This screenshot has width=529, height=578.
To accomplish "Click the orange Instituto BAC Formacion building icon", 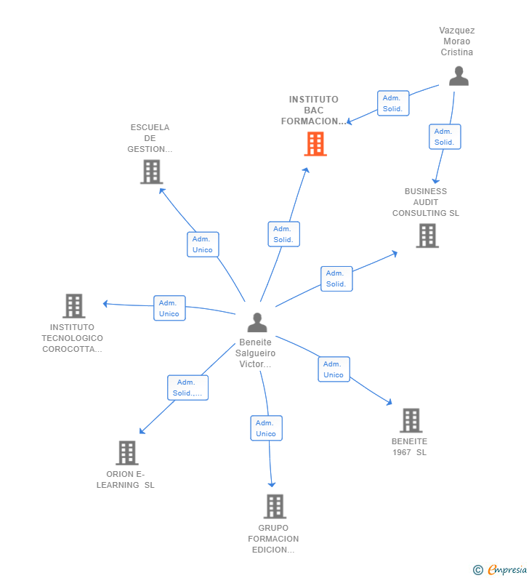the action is coord(315,144).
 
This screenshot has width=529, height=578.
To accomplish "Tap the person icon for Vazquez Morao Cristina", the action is coord(459,76).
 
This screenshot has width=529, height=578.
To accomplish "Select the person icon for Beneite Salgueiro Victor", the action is coord(257,322).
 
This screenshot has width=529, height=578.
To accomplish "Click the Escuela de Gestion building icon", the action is coord(151,172).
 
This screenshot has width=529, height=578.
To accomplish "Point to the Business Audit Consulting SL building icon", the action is coord(427,236).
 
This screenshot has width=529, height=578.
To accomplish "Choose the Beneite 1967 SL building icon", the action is coord(411,420).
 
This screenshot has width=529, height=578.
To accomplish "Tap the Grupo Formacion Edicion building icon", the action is coord(275,507).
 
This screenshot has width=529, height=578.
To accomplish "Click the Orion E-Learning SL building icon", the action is coord(127,453).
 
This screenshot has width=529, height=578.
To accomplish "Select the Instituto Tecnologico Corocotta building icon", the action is coord(73,306).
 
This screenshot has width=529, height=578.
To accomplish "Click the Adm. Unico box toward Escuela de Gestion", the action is coord(203,244).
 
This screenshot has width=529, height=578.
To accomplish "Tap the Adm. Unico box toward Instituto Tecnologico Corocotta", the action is coord(169,308).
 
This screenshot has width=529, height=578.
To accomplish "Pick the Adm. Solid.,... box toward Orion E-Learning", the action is coord(188,388).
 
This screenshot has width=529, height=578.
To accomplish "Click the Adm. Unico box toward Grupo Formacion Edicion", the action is coord(267,428).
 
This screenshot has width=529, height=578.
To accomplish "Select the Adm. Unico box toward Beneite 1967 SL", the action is coord(334,369).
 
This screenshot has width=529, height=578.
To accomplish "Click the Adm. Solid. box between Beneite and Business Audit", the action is coord(336,278).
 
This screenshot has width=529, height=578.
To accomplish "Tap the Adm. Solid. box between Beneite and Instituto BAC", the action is coord(283,234).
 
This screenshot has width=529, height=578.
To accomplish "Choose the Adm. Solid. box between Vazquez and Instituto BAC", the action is coord(393,103).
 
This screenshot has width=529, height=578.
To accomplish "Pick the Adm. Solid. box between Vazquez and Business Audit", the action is coord(445,137).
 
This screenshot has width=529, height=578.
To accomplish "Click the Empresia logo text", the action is coord(507,569).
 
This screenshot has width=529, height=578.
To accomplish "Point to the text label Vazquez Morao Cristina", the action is coord(457,41).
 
